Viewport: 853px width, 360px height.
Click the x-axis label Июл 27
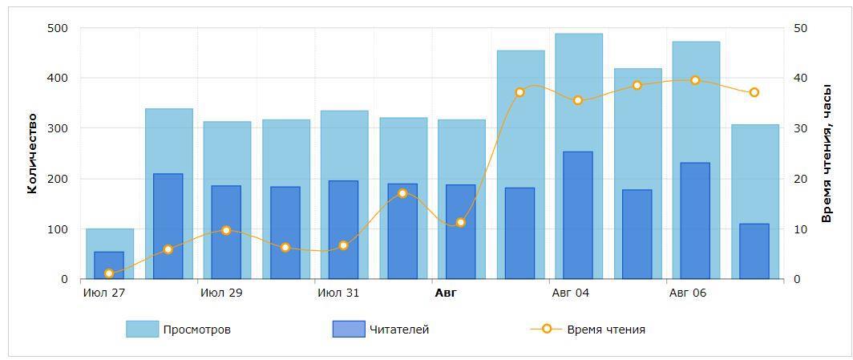(104, 293)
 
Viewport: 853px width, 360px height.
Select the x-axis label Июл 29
(221, 293)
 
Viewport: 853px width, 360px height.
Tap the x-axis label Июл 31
(338, 293)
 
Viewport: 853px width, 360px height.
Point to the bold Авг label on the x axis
(446, 293)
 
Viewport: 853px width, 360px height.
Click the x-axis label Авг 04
(571, 293)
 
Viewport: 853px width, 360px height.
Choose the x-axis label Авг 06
(688, 293)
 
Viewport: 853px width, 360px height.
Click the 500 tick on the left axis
(58, 28)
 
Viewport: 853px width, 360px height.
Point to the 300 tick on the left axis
(58, 128)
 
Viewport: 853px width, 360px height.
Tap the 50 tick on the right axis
(800, 28)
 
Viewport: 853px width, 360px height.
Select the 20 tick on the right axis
(800, 179)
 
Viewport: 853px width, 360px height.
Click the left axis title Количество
(33, 153)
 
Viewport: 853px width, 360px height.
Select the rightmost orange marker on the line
(754, 93)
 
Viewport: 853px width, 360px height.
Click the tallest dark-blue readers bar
(578, 216)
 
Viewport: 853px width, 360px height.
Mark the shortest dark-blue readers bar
(109, 265)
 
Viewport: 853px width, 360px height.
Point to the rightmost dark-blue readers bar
(754, 252)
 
